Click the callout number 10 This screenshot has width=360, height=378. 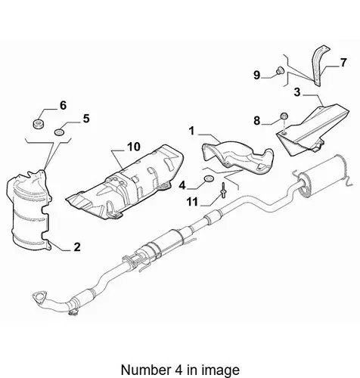click(x=134, y=147)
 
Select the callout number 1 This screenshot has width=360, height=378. click(x=192, y=131)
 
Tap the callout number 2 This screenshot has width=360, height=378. click(x=77, y=247)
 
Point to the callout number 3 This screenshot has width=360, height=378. click(x=297, y=92)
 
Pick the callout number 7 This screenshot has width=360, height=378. click(x=343, y=63)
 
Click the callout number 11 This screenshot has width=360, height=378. click(x=192, y=202)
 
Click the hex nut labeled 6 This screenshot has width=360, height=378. click(x=39, y=123)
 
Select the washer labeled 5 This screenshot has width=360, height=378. click(x=60, y=132)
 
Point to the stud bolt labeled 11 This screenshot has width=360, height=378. click(x=224, y=190)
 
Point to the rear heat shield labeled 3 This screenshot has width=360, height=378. click(x=312, y=131)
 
